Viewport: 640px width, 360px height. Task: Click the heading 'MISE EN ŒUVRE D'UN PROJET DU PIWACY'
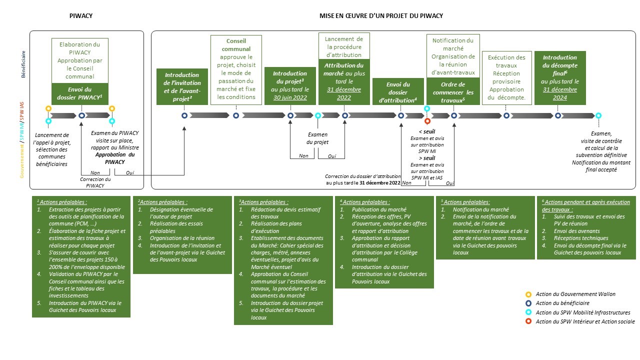381,16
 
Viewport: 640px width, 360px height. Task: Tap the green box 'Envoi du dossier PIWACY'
80,94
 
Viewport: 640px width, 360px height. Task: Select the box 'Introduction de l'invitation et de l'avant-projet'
182,86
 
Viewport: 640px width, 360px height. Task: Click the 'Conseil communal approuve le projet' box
236,68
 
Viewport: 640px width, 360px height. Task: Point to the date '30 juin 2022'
290,97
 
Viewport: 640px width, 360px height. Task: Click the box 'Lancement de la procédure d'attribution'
344,46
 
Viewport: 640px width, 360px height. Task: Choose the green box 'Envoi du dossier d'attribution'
398,92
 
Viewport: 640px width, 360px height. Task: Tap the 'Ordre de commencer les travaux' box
453,92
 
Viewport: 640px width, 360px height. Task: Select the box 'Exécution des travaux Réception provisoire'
506,77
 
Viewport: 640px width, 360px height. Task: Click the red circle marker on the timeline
427,121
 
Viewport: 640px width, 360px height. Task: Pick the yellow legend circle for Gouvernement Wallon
528,294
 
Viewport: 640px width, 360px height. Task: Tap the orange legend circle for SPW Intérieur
528,321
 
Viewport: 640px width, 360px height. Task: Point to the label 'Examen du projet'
317,138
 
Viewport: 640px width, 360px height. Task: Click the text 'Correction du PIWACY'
95,182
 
